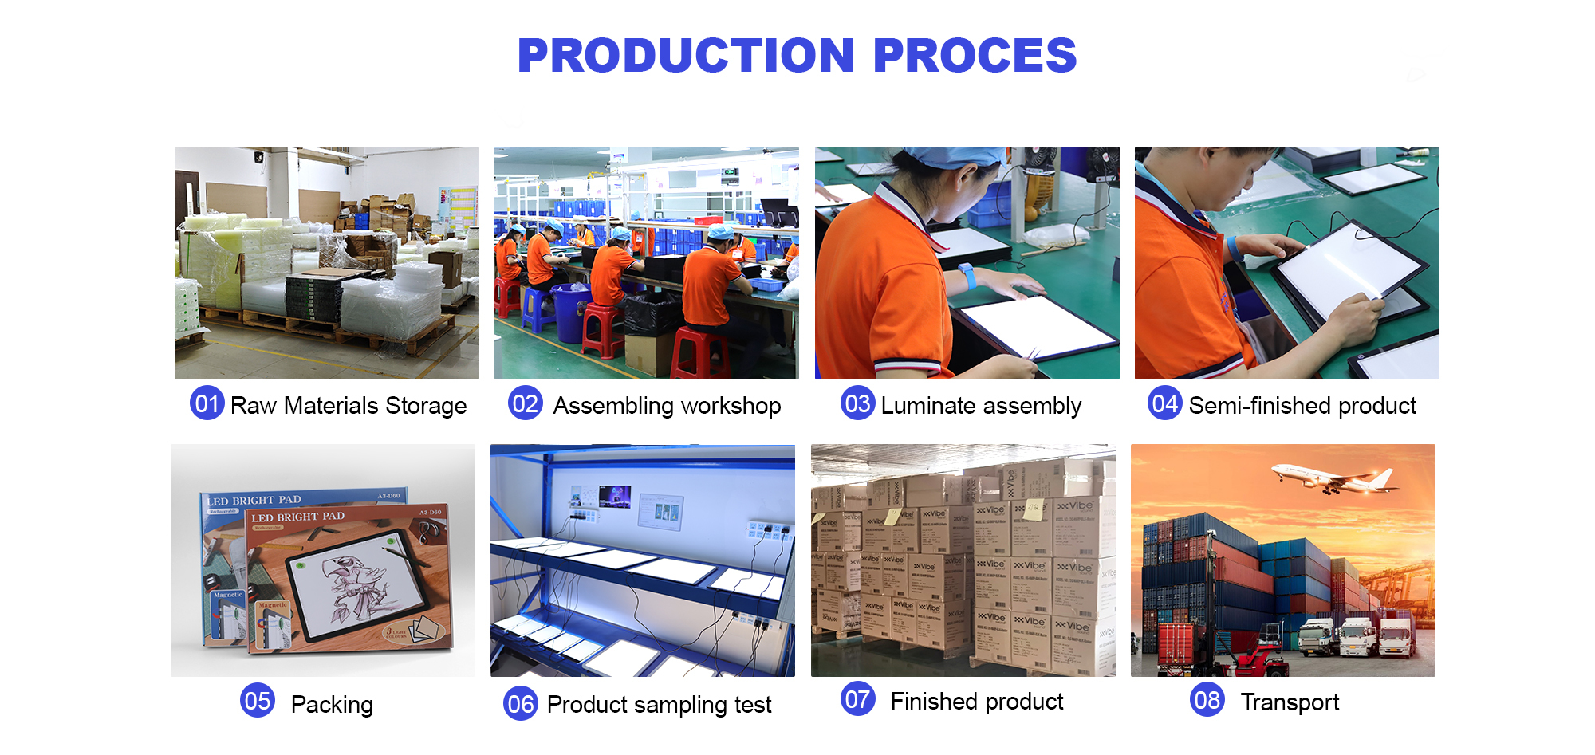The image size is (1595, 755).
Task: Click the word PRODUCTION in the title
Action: (x=686, y=56)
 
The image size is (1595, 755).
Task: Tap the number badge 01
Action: (x=207, y=403)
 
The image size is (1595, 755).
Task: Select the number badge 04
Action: (x=1164, y=403)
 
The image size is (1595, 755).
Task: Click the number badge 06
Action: (x=521, y=703)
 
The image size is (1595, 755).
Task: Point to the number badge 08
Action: (x=1207, y=701)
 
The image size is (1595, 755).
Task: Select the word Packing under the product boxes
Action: (x=332, y=705)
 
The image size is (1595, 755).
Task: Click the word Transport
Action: (x=1290, y=702)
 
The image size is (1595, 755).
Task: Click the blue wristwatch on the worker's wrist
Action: (x=967, y=276)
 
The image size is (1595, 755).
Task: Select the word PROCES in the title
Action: (x=975, y=56)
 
